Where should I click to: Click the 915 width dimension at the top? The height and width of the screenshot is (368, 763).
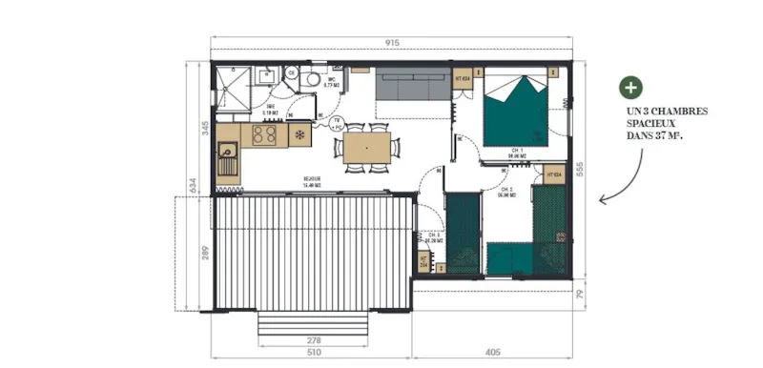392,43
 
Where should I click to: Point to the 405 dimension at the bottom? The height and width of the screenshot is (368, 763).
493,353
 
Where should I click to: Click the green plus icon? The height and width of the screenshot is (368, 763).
629,89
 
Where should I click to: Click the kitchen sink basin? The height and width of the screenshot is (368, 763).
229,150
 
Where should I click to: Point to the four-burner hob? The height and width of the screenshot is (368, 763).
265,136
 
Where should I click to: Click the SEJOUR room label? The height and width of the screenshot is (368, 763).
312,180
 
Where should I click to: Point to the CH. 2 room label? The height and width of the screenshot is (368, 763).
507,190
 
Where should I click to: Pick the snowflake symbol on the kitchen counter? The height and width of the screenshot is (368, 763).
299,135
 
